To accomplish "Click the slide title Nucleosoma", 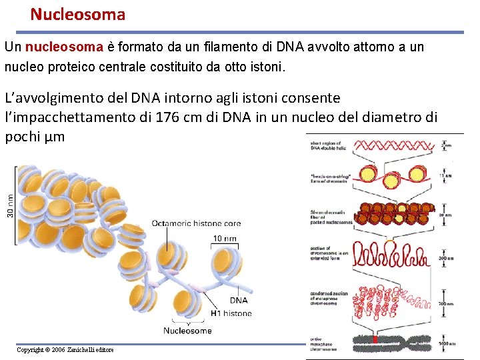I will point(77,14).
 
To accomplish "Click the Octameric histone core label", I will point(196,223).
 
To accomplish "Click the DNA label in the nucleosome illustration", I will point(238,300).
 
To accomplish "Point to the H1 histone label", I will point(231,313).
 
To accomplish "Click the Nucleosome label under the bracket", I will point(187,330).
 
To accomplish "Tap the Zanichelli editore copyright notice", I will point(65,350).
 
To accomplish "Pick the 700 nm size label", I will point(454,303).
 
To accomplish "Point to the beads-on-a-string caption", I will point(327,176).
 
